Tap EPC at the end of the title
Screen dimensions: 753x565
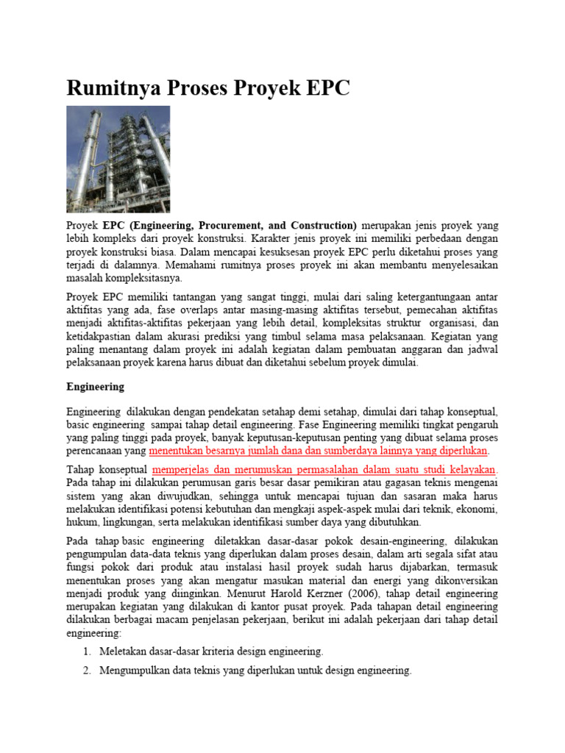[x=324, y=88]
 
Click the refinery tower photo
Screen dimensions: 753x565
[x=118, y=159]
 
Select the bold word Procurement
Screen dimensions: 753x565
[x=227, y=225]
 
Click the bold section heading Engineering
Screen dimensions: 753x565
[x=95, y=386]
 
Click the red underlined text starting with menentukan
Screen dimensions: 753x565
[x=319, y=451]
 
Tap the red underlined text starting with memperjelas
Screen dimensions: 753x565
[x=324, y=469]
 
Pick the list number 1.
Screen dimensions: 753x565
[x=86, y=652]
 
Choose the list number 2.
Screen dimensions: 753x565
[x=86, y=671]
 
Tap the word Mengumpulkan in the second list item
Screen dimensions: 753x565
[x=137, y=671]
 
